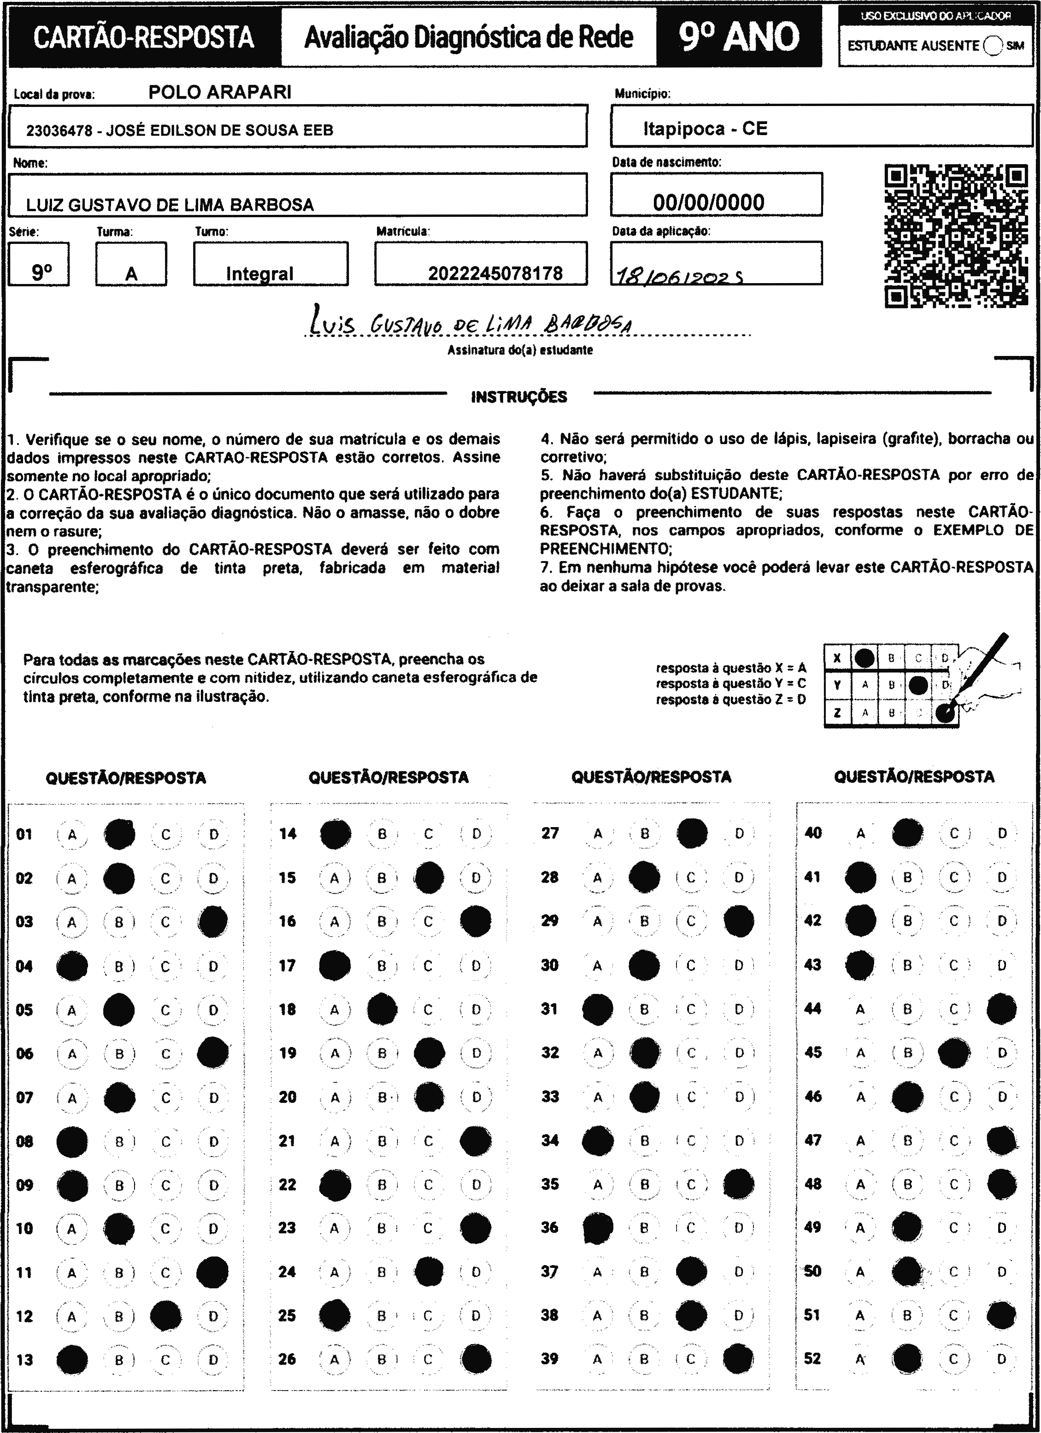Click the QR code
(956, 236)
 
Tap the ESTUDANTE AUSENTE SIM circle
(992, 46)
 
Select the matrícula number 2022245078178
(495, 273)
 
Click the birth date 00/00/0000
(708, 202)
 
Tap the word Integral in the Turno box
(259, 273)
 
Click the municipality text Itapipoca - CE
(705, 129)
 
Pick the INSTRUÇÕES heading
(519, 397)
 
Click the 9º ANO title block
(739, 36)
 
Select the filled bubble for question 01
(119, 834)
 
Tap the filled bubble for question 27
(692, 834)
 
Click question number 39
(550, 1358)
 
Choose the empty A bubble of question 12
(72, 1316)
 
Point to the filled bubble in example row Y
(918, 685)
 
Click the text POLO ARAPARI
(220, 92)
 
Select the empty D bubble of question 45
(1002, 1053)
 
